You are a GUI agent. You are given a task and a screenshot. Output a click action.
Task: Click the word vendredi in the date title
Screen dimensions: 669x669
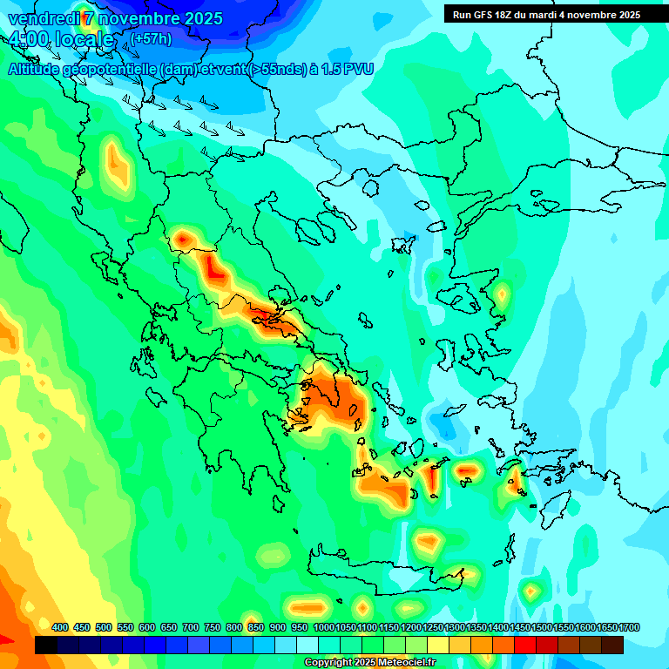pyautogui.click(x=41, y=18)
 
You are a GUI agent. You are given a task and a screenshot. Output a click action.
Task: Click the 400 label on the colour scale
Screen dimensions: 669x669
pyautogui.click(x=60, y=627)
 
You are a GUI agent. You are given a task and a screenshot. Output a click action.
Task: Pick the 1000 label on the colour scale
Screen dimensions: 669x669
pyautogui.click(x=323, y=627)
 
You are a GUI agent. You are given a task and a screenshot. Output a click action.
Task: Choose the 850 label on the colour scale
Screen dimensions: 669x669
pyautogui.click(x=256, y=627)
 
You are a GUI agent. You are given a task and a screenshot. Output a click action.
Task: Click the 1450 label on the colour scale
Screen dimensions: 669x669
pyautogui.click(x=520, y=627)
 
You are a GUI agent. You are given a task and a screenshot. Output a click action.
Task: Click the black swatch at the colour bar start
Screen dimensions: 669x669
pyautogui.click(x=46, y=645)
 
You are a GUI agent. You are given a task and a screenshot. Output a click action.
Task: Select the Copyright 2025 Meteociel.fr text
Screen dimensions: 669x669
pyautogui.click(x=368, y=663)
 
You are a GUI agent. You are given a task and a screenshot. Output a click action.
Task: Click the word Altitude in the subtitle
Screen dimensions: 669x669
pyautogui.click(x=35, y=69)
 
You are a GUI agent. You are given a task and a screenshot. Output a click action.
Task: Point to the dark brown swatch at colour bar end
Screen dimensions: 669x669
pyautogui.click(x=612, y=645)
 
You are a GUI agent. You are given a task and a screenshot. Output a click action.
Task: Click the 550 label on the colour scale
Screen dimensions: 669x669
pyautogui.click(x=125, y=627)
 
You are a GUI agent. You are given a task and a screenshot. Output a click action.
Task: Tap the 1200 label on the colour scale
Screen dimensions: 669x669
pyautogui.click(x=411, y=627)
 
